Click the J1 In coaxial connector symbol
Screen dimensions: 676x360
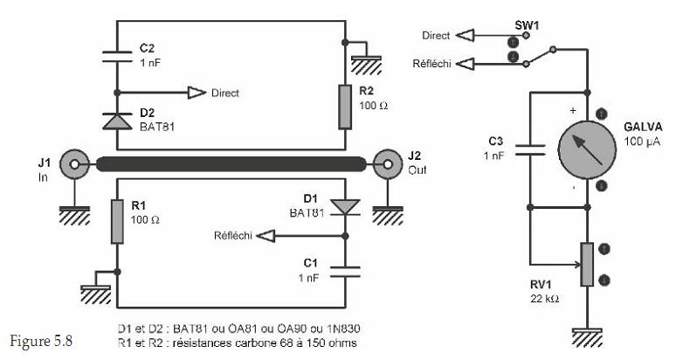click(74, 164)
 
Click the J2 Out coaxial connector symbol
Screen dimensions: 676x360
click(388, 164)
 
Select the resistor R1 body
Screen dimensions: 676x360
click(117, 222)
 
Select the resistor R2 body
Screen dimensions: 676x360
click(345, 107)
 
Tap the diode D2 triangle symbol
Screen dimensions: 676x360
click(117, 121)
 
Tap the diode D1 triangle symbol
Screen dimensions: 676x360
click(345, 207)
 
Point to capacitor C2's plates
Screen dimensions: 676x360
click(117, 57)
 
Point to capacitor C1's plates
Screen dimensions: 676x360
click(345, 272)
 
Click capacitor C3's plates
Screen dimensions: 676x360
click(530, 149)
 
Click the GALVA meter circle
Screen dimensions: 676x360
click(587, 149)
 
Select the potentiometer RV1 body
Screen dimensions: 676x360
click(587, 264)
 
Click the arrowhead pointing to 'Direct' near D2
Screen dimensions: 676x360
click(197, 93)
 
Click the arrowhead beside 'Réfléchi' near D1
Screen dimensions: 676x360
click(266, 236)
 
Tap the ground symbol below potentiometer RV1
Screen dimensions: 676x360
click(587, 337)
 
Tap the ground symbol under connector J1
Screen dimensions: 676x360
click(74, 216)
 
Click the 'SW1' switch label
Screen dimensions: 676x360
click(527, 25)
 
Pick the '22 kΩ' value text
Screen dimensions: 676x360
click(544, 298)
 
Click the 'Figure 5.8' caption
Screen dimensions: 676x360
click(41, 341)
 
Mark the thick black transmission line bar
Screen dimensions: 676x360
click(231, 164)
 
